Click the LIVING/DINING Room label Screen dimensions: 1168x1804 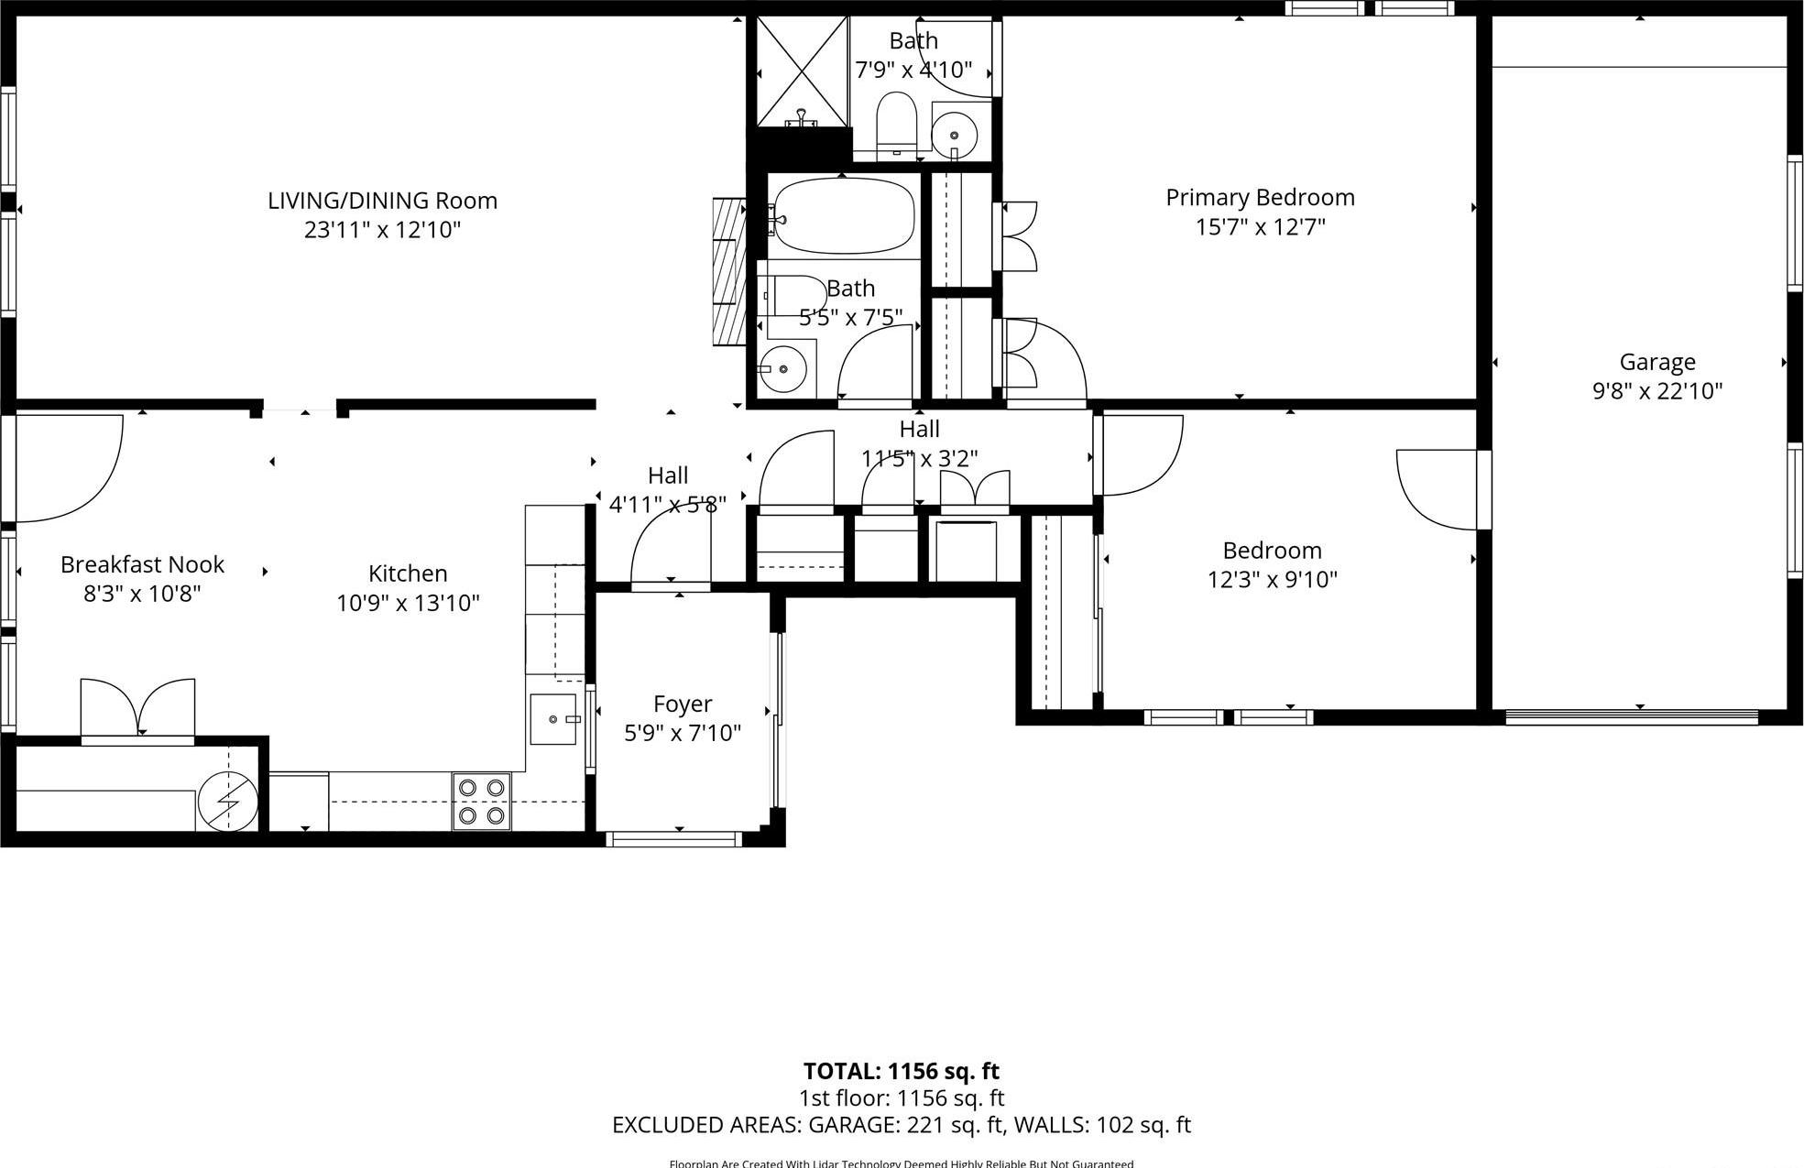coord(382,201)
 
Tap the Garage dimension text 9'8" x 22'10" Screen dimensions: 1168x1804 coord(1656,391)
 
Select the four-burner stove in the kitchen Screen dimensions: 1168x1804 coord(482,802)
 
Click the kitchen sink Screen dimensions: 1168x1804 coord(552,719)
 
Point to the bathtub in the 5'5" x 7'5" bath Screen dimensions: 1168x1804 coord(843,217)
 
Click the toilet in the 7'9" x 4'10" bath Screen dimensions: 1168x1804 coord(896,123)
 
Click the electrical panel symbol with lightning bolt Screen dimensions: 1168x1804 coord(227,802)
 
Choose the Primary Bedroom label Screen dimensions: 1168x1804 coord(1260,197)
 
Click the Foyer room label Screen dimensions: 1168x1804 coord(683,704)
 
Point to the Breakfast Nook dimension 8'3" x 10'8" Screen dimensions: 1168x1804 coord(142,594)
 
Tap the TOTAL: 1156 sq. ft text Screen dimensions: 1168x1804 coord(901,1071)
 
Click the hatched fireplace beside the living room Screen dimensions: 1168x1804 coord(729,271)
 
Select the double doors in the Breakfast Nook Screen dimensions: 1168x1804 coord(137,710)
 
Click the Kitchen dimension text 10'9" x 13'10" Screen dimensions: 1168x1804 coord(408,603)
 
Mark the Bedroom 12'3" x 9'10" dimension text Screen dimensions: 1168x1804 coord(1272,579)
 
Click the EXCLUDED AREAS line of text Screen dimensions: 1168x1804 coord(901,1125)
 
